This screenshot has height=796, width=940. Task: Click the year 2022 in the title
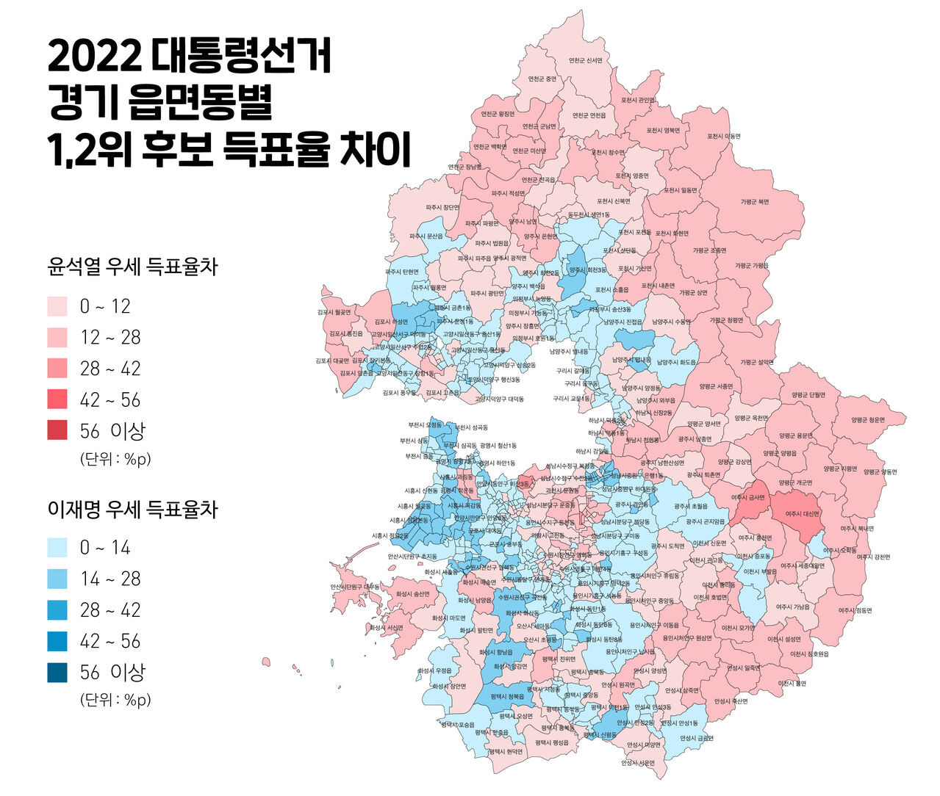93,56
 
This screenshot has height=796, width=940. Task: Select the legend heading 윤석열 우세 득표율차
132,267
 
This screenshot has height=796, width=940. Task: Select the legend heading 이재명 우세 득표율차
132,509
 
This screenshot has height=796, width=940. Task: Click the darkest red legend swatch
57,431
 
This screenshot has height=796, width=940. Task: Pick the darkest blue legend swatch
57,672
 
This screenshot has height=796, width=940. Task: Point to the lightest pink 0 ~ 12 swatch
57,306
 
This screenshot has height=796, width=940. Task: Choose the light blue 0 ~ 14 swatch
57,548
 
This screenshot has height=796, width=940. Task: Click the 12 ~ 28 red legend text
110,338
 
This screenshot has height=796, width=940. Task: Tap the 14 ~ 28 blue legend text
110,579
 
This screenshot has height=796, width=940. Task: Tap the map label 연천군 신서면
585,60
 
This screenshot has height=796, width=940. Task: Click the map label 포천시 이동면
724,136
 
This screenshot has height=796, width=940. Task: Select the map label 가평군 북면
755,201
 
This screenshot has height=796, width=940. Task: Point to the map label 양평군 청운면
868,421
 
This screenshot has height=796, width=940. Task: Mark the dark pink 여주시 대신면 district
802,514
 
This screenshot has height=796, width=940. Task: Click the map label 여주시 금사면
748,497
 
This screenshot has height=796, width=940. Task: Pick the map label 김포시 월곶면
334,312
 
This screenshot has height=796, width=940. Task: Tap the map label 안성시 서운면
637,762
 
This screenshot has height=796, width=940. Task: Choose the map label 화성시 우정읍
434,670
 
